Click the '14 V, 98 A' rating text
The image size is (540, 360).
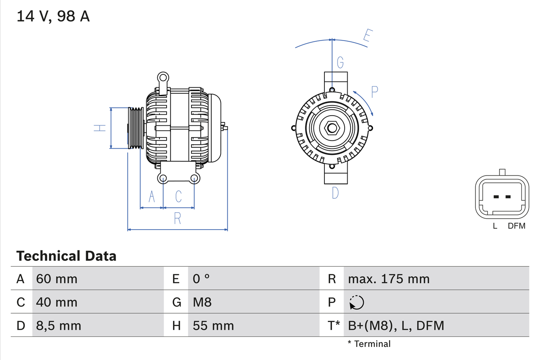[x=53, y=16]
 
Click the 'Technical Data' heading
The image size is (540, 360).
[x=66, y=256]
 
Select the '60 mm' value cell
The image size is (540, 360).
[x=57, y=279]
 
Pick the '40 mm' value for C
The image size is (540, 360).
[x=57, y=302]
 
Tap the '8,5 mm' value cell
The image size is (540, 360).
[x=58, y=325]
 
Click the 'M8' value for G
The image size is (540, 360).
[x=202, y=302]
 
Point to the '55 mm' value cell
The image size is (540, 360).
[x=213, y=325]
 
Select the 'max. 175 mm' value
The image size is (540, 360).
[x=389, y=279]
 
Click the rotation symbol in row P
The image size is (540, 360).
[x=356, y=302]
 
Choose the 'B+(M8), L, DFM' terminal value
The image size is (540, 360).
[x=396, y=325]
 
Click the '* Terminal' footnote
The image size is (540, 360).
[x=369, y=344]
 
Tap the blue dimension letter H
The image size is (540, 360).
[x=100, y=128]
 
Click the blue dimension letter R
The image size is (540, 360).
[x=178, y=219]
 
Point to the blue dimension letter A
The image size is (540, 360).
[x=152, y=197]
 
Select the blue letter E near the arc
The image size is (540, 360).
[x=367, y=37]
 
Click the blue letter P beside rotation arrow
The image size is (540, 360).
[x=374, y=92]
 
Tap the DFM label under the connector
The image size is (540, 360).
[x=516, y=226]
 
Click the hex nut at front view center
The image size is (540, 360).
[x=332, y=128]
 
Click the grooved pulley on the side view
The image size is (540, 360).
[x=136, y=128]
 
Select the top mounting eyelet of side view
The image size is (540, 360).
[x=163, y=77]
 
